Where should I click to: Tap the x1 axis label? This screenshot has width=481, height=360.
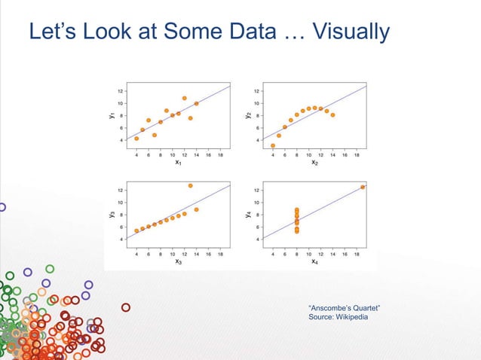pos(178,162)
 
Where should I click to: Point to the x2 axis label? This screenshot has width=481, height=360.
pos(314,162)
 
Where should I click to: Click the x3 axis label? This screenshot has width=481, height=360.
pos(178,261)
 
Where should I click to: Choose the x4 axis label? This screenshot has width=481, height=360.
pos(314,261)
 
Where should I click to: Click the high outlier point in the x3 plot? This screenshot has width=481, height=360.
pos(191,185)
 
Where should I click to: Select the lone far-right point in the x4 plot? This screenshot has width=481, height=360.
pos(363,187)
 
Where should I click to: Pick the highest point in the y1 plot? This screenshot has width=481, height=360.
pos(184,98)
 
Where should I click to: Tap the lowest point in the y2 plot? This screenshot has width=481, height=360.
pos(272,145)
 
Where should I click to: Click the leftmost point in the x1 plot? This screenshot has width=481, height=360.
pos(136,139)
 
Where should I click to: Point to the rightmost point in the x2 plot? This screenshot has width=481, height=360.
pos(332,115)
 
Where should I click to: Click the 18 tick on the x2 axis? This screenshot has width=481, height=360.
pos(357,154)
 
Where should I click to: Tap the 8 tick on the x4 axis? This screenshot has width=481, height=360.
pos(296,254)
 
